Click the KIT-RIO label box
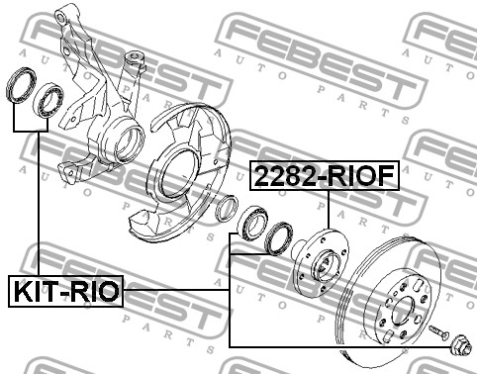point(65,291)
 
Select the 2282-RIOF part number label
point(325,175)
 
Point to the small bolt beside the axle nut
point(438,331)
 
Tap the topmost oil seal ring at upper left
point(21,85)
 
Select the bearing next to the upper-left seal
point(48,100)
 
